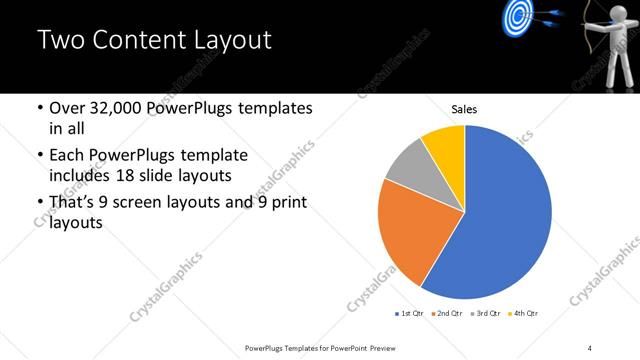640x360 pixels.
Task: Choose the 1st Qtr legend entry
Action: coord(410,314)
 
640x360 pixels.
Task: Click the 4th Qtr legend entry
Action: coord(526,314)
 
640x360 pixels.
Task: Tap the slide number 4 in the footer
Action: coord(590,347)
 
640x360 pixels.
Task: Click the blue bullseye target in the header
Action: coord(516,15)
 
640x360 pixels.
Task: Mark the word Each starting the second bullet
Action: coord(70,156)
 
